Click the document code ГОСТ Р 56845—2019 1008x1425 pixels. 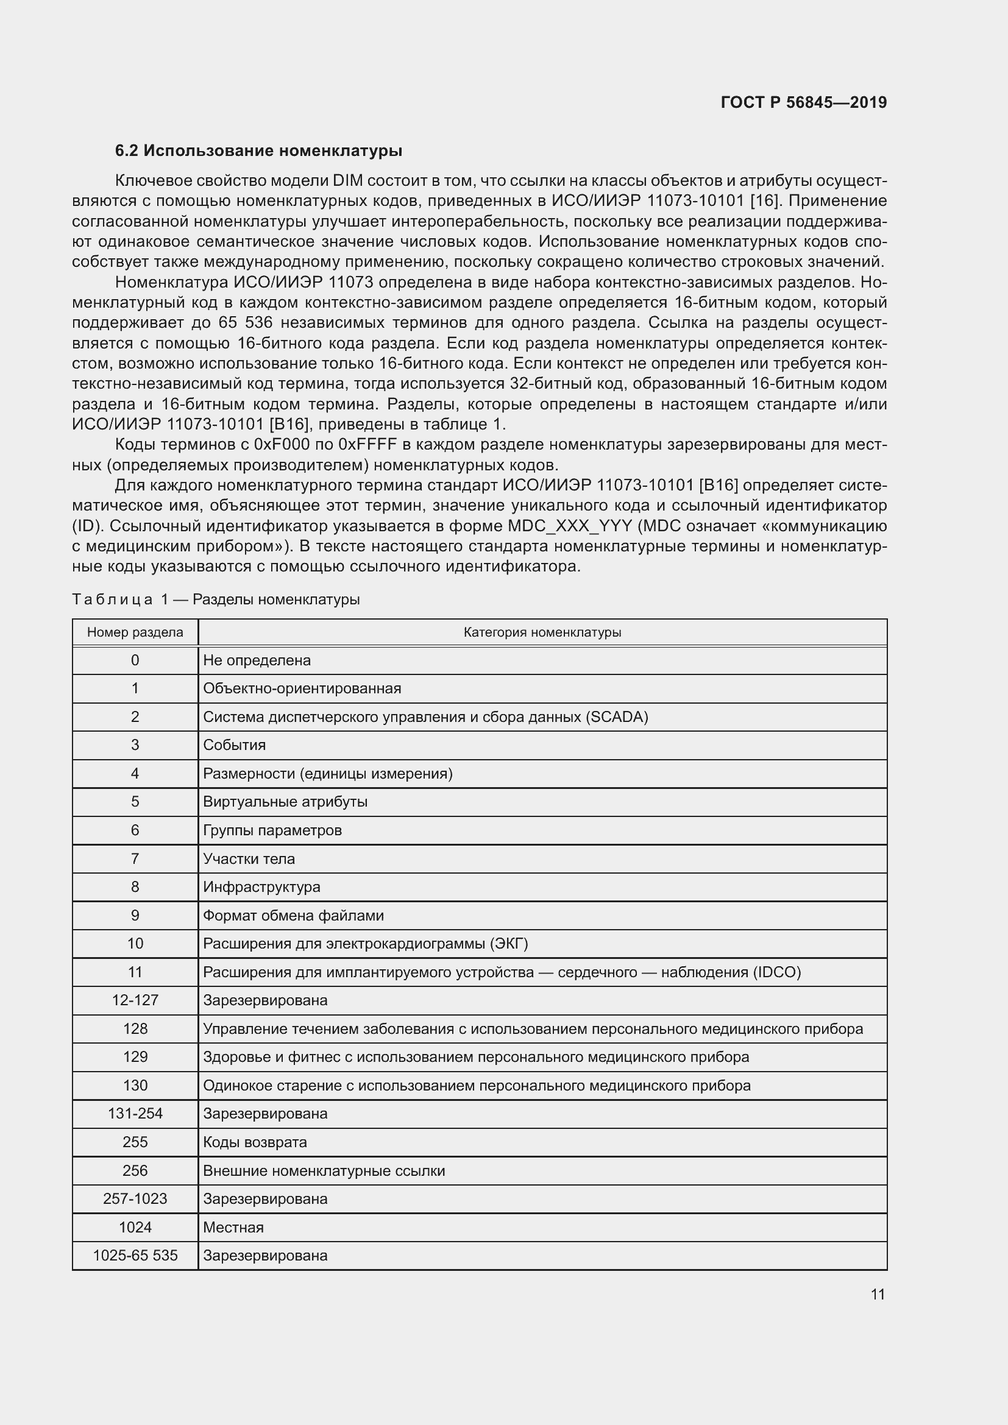tap(803, 102)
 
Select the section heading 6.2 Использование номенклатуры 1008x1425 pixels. tap(258, 151)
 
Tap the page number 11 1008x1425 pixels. tap(878, 1294)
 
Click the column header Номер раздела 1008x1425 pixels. tap(135, 632)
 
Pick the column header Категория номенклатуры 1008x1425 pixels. tap(542, 632)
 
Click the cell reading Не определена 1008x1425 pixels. tap(257, 660)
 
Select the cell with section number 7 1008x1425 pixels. tap(135, 859)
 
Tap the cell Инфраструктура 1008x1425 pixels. tap(261, 887)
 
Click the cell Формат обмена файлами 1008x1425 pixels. tap(293, 916)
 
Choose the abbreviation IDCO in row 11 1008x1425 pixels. tap(776, 972)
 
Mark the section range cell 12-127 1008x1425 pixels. tap(135, 1000)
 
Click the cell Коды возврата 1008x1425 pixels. tap(255, 1142)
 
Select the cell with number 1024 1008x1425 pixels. tap(135, 1227)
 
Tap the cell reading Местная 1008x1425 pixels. tap(233, 1227)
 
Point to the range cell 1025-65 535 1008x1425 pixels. tap(135, 1256)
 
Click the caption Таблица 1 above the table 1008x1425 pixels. tap(121, 599)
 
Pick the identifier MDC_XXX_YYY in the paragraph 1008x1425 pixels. tap(569, 526)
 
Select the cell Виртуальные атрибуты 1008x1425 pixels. tap(285, 802)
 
